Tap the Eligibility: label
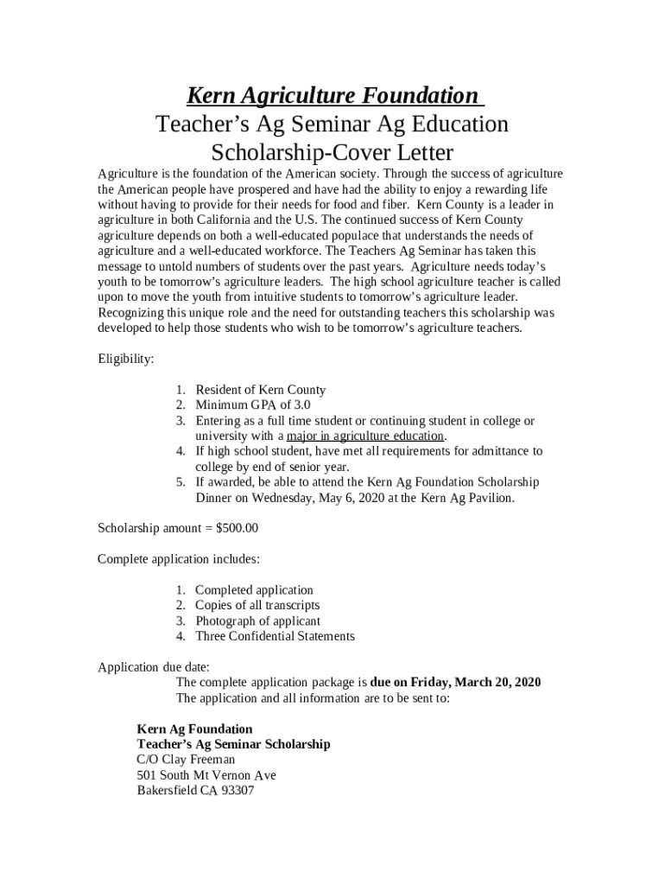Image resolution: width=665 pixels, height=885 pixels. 126,359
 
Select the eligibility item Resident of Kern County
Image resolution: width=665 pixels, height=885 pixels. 260,390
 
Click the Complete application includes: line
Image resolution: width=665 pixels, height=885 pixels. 179,558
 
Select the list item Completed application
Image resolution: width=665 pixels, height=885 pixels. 254,590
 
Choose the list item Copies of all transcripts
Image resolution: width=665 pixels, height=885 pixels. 257,605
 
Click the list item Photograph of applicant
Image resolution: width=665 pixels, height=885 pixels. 257,621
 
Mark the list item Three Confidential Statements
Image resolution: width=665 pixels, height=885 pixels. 275,636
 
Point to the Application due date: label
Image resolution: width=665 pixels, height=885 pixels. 153,666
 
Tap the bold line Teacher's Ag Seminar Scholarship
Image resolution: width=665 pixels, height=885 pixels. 233,744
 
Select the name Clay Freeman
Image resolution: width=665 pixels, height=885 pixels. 211,760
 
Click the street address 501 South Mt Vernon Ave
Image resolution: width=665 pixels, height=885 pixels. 206,775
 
